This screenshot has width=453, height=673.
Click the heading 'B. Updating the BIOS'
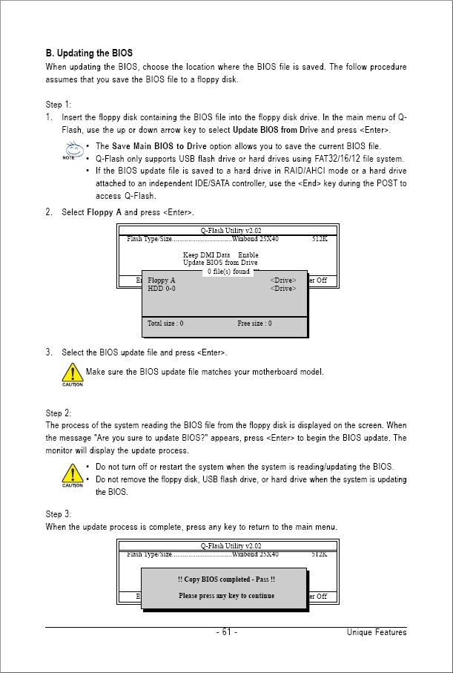click(89, 53)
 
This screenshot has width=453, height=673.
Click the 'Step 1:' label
click(59, 104)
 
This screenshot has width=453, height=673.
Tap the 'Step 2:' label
click(59, 413)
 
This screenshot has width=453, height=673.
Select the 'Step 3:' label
click(59, 513)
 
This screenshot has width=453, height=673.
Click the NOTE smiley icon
click(70, 151)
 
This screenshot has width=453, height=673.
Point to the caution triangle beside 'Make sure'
click(72, 372)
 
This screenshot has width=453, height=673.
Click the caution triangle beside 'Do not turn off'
click(72, 473)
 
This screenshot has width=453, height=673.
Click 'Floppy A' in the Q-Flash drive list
click(162, 280)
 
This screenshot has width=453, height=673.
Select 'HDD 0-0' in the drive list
click(162, 289)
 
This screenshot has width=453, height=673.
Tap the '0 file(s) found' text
click(228, 272)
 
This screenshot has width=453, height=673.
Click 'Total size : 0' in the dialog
click(165, 324)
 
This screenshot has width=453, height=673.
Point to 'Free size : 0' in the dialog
click(254, 324)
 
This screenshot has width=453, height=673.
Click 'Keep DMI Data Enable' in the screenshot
click(220, 255)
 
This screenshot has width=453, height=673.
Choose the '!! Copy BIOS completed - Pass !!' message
click(226, 580)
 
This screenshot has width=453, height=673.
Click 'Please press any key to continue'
click(226, 595)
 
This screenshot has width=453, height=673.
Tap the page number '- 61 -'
click(226, 632)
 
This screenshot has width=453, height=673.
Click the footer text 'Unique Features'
click(377, 632)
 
